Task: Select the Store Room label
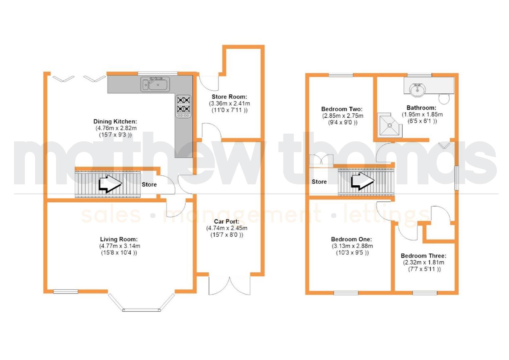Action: click(x=229, y=97)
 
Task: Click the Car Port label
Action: click(x=227, y=221)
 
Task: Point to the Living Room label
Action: click(x=119, y=239)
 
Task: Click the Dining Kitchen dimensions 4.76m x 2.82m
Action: click(x=116, y=128)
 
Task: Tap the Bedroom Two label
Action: click(x=342, y=109)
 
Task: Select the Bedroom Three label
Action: click(x=423, y=256)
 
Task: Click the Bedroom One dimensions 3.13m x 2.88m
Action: click(x=352, y=246)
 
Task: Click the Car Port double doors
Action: click(x=230, y=285)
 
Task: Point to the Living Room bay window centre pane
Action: click(x=142, y=310)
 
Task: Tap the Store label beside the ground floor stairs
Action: click(x=149, y=184)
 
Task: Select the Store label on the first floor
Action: click(x=319, y=182)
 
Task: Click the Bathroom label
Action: click(x=421, y=108)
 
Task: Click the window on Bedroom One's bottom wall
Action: click(x=346, y=293)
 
